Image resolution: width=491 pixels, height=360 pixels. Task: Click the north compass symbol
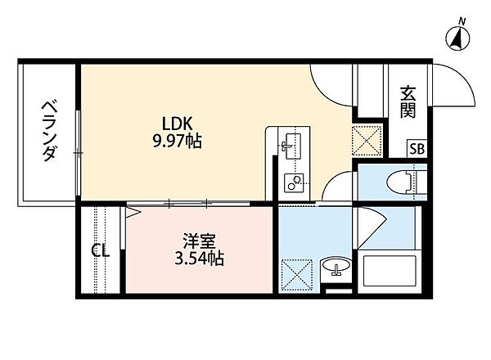click(x=457, y=36)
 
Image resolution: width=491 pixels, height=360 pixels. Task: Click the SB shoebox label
click(x=417, y=148)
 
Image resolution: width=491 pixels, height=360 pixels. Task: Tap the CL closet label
click(x=101, y=250)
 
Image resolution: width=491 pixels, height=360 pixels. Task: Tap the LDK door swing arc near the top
click(x=331, y=82)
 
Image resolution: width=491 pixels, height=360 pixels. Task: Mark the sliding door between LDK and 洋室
click(x=188, y=202)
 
